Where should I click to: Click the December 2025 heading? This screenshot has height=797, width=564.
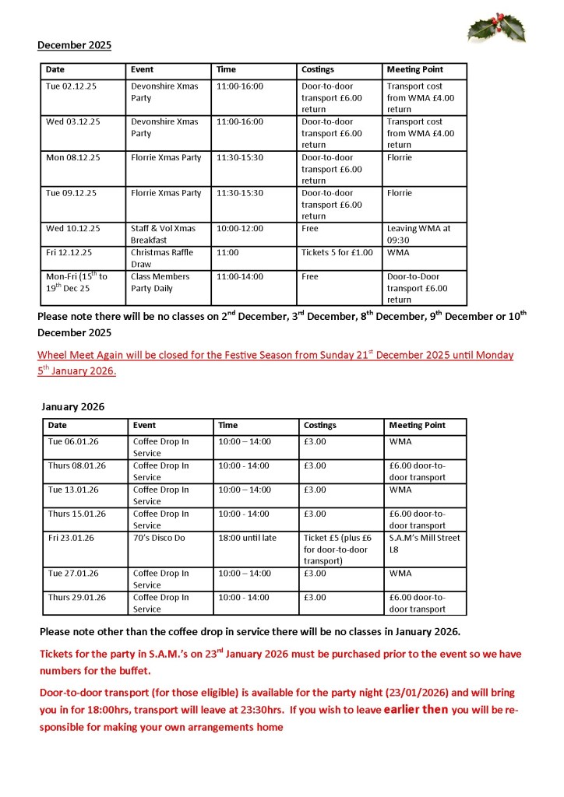pos(74,45)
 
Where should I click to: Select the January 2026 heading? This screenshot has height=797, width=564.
pos(72,406)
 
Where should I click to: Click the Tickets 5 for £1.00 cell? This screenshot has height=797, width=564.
pos(337,252)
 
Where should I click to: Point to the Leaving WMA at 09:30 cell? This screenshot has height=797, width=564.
pos(418,234)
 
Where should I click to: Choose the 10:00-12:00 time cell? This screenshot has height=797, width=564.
pos(240,229)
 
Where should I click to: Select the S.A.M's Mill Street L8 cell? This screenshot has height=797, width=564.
pos(424,543)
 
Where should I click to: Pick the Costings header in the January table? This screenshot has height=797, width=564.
pos(320,426)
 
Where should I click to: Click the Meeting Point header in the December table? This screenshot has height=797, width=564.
pos(414,70)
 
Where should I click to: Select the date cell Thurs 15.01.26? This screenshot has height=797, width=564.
pos(77,514)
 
